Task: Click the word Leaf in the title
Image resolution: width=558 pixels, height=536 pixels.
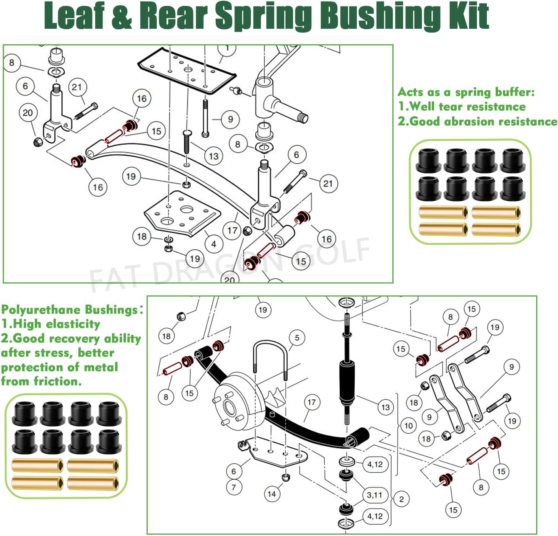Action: point(75,16)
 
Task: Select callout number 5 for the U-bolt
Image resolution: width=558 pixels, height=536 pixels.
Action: point(297,338)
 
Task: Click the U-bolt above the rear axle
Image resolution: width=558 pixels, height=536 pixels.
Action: point(269,356)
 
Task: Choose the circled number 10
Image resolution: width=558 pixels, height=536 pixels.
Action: point(408,426)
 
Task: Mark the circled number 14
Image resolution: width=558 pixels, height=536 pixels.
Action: point(272,494)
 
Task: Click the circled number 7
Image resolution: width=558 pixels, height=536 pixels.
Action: point(234,487)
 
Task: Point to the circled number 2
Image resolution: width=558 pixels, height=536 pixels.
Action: point(401,499)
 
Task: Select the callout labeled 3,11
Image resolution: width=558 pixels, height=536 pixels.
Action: point(374,495)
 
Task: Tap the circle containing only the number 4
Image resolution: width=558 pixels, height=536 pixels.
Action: point(213,243)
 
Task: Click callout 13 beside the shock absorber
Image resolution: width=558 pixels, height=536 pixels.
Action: point(385,407)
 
